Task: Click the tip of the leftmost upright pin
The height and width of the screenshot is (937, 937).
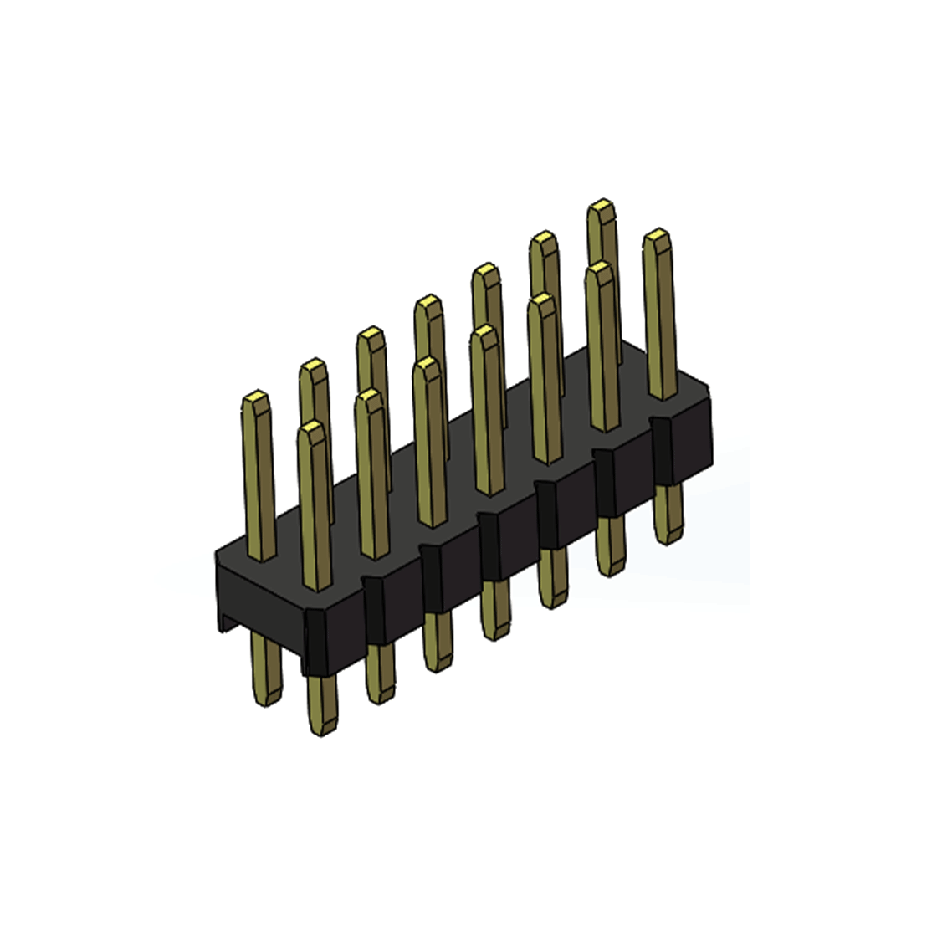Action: click(256, 398)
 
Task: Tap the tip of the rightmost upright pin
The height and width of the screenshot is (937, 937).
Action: click(658, 237)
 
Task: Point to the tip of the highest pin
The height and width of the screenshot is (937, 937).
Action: click(601, 207)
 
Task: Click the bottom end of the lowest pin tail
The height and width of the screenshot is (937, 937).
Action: click(322, 730)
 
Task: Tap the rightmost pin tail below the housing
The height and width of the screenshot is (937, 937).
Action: click(668, 515)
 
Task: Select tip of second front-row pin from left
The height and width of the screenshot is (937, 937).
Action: click(368, 397)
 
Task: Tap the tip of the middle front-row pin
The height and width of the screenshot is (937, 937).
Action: click(484, 334)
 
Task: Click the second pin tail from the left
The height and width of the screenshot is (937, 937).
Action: click(321, 703)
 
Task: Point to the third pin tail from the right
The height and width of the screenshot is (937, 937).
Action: click(551, 577)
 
